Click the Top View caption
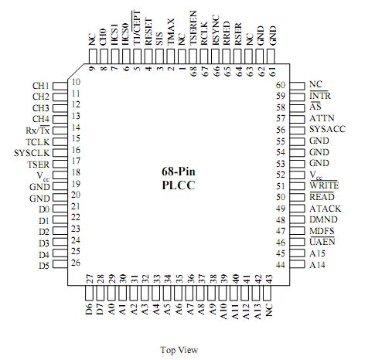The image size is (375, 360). (x=179, y=350)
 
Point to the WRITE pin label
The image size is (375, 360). (x=322, y=186)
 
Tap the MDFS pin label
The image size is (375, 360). (x=321, y=231)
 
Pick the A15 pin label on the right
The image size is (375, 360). (x=316, y=253)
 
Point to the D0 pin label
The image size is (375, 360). (x=43, y=209)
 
